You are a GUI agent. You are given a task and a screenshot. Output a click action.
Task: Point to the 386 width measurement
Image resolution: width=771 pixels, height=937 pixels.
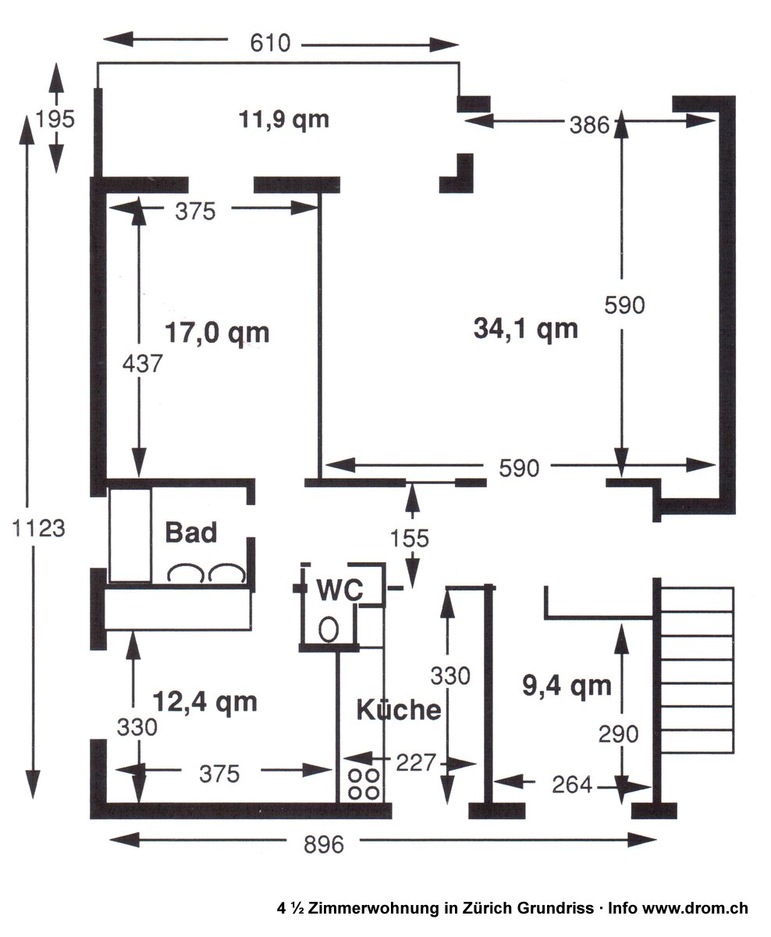point(589,124)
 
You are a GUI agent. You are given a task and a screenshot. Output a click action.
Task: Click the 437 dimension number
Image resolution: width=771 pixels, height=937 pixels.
point(141,363)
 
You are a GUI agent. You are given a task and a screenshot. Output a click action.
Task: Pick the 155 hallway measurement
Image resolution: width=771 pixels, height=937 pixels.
point(410,538)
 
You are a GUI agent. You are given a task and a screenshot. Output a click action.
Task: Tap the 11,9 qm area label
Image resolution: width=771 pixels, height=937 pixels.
point(282,119)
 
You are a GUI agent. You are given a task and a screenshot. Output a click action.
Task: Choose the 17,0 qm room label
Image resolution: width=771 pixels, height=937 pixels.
point(217,333)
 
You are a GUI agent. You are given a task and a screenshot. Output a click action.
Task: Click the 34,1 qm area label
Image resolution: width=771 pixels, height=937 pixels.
point(526,329)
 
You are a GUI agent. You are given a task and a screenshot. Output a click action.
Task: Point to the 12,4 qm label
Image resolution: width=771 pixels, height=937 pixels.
point(204,701)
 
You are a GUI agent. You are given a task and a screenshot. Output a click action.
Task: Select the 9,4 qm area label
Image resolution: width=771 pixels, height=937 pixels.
point(567,686)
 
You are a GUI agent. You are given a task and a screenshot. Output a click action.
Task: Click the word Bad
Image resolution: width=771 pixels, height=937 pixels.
point(190,533)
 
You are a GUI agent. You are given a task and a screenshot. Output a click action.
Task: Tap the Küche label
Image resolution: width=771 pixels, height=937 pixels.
point(398,710)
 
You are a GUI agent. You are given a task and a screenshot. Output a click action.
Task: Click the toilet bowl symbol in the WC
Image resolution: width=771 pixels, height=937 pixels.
point(329,627)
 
